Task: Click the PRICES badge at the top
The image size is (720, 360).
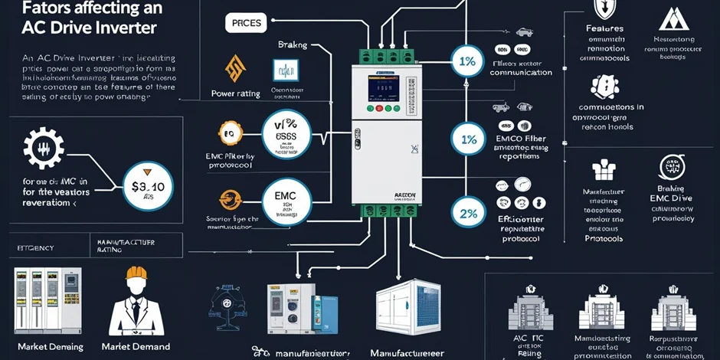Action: [x=246, y=24]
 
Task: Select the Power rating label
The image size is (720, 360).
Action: [x=235, y=94]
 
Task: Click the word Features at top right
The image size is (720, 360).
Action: [x=605, y=28]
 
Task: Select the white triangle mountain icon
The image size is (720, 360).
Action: [x=675, y=18]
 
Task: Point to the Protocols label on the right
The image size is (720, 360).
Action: [x=604, y=239]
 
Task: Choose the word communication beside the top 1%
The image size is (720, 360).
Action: [x=521, y=73]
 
